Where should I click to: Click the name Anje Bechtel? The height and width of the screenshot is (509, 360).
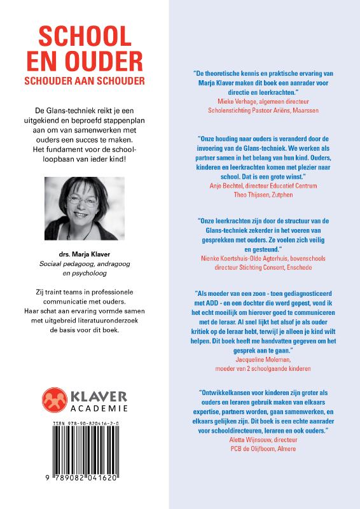tap(227, 185)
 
